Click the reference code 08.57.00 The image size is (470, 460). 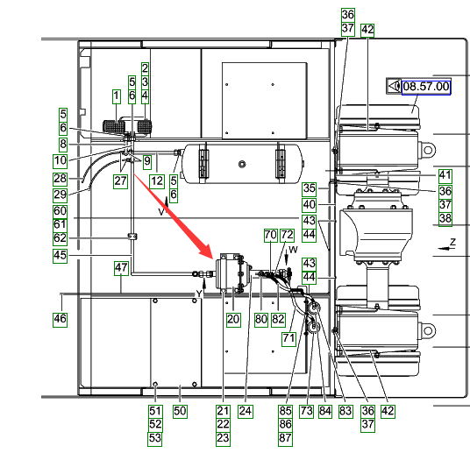click(426, 87)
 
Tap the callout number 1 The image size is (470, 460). click(117, 96)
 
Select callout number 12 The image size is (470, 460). click(157, 181)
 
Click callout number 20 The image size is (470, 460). click(233, 319)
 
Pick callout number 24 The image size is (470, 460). click(246, 411)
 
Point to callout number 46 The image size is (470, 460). click(60, 319)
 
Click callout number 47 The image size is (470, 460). click(121, 268)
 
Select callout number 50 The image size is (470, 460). click(180, 411)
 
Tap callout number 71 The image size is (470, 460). click(288, 338)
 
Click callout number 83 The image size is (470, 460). click(345, 411)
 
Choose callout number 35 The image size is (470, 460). click(310, 188)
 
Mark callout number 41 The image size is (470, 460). click(445, 176)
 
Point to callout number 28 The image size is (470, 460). click(60, 179)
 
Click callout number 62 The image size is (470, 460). click(60, 238)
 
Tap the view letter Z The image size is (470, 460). click(452, 242)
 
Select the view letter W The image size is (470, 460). click(293, 250)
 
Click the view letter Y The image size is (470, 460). click(199, 294)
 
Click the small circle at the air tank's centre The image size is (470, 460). click(242, 164)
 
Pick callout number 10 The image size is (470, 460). click(60, 161)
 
